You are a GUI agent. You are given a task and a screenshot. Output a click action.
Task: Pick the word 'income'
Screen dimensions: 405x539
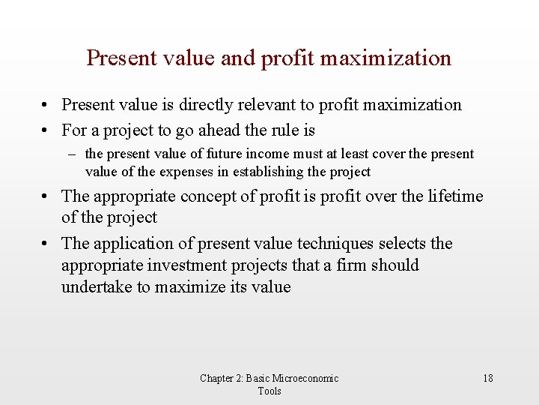click(x=260, y=154)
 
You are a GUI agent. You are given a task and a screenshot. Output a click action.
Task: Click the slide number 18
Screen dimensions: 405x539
click(x=488, y=378)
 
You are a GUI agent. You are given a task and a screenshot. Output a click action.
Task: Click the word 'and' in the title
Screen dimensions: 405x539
click(x=238, y=58)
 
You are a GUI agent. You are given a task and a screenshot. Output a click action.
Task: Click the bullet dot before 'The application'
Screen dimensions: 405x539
click(x=46, y=244)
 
